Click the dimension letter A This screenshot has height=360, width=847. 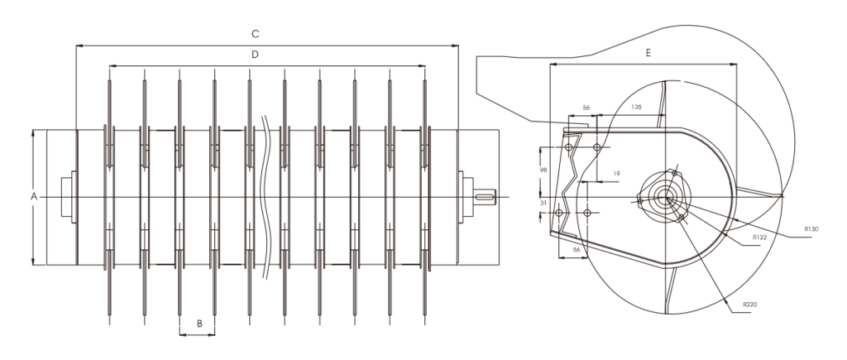pyautogui.click(x=33, y=196)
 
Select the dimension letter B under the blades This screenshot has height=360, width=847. pyautogui.click(x=198, y=324)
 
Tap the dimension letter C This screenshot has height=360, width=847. pyautogui.click(x=256, y=34)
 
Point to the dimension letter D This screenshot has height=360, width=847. pyautogui.click(x=256, y=55)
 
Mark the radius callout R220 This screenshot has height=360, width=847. pyautogui.click(x=749, y=305)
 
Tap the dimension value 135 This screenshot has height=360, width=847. pyautogui.click(x=636, y=108)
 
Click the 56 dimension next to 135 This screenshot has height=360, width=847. pyautogui.click(x=586, y=108)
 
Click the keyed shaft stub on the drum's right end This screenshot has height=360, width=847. pyautogui.click(x=486, y=196)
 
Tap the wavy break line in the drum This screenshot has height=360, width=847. pyautogui.click(x=266, y=141)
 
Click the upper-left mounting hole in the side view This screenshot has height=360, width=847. pyautogui.click(x=568, y=146)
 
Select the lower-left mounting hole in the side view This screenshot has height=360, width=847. pyautogui.click(x=559, y=214)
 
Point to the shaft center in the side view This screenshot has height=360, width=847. pyautogui.click(x=665, y=197)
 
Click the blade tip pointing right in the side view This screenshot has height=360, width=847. pyautogui.click(x=782, y=196)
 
